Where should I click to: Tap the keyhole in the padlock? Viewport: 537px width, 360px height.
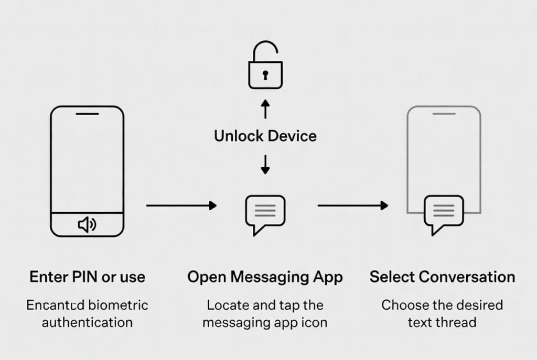265,75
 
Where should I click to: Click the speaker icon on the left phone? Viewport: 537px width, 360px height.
87,225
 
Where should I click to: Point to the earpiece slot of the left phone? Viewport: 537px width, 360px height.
87,113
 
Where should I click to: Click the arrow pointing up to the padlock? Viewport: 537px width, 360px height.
265,109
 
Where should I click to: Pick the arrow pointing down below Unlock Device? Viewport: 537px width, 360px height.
265,164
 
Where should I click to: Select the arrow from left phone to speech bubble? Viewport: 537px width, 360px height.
181,206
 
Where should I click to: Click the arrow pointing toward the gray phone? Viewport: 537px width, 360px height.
353,206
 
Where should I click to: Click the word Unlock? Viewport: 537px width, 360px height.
239,136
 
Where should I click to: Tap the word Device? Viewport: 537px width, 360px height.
292,136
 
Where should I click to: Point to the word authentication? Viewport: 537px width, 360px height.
87,322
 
